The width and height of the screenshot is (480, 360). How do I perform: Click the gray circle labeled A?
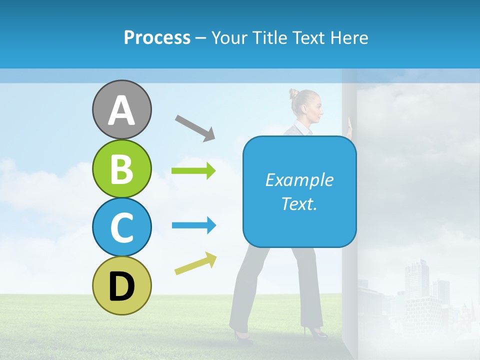(x=121, y=109)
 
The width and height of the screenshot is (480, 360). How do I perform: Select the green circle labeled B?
(x=121, y=168)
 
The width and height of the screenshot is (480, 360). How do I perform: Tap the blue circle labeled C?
(x=121, y=227)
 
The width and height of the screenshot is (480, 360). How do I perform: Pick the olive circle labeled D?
(x=121, y=285)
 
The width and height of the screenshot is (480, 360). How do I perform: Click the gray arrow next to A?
(x=195, y=127)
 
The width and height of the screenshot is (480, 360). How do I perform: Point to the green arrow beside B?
(x=193, y=170)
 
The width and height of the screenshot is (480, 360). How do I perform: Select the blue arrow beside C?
(x=193, y=225)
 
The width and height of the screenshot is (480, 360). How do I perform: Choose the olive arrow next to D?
(x=195, y=263)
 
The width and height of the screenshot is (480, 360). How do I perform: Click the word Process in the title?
(x=157, y=37)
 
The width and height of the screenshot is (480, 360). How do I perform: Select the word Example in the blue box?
(x=299, y=180)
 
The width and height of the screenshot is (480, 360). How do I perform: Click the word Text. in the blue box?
(x=299, y=203)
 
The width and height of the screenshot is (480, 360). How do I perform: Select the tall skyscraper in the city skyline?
(x=416, y=280)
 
